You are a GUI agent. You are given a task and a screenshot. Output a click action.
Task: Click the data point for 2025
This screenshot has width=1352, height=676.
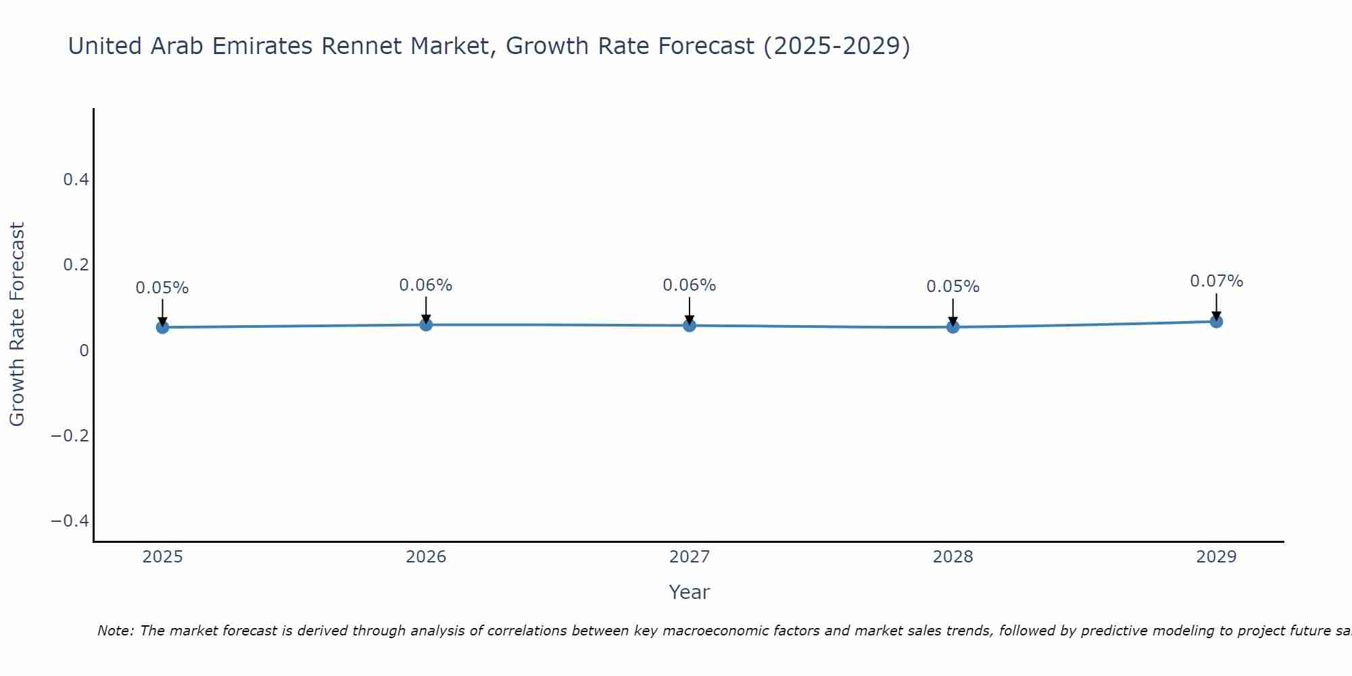point(162,327)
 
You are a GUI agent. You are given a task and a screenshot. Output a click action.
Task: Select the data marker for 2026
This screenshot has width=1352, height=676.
point(426,324)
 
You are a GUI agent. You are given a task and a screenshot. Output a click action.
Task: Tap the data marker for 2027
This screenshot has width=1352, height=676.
point(690,325)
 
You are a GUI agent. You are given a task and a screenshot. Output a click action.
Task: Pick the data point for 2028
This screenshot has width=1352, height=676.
point(952,327)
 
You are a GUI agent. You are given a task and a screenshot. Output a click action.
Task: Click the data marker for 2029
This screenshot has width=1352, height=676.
point(1216,321)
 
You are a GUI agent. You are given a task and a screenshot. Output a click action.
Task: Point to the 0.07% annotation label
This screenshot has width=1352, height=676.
point(1216,281)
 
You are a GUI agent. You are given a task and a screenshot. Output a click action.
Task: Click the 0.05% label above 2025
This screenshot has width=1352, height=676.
point(162,288)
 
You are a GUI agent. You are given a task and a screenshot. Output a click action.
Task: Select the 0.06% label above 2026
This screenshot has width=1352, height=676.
point(426,285)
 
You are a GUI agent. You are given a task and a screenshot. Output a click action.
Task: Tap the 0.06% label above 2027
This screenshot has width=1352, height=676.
point(690,285)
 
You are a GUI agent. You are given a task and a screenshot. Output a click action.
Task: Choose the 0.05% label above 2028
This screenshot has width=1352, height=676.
point(952,287)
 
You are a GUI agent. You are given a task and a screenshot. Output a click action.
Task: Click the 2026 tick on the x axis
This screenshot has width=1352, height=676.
point(426,557)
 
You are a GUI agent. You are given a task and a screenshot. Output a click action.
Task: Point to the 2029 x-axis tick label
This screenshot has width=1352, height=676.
point(1216,557)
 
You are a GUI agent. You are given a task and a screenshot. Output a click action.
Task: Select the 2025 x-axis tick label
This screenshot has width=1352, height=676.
point(162,557)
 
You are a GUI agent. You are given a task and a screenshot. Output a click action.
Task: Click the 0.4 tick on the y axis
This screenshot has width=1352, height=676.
point(76,180)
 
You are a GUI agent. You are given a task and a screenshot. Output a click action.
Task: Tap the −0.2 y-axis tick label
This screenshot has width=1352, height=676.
point(70,435)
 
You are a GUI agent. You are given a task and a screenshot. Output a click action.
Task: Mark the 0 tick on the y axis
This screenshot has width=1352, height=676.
point(84,350)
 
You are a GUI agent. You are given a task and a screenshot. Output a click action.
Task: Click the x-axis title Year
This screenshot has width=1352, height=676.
point(689,592)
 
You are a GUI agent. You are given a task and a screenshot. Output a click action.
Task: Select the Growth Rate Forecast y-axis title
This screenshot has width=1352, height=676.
point(17,324)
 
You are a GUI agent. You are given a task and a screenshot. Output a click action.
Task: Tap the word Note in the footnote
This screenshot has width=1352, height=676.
point(115,631)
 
